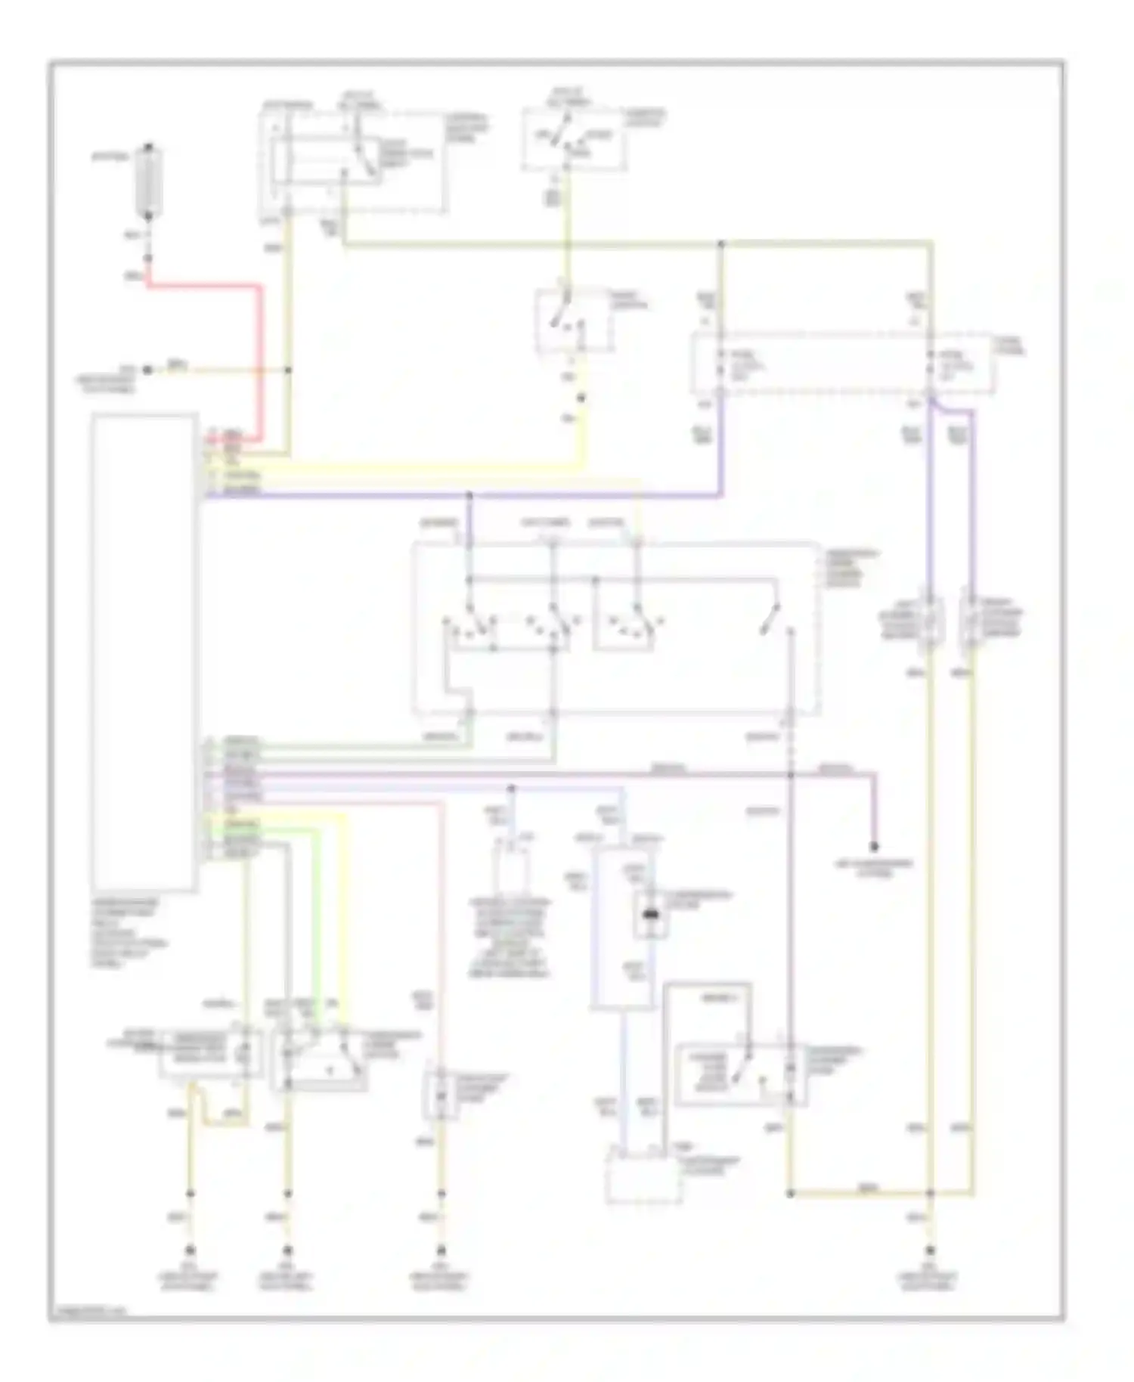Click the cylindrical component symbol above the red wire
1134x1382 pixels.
[x=149, y=181]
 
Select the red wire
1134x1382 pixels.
[x=261, y=355]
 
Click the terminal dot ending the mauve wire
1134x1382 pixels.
[x=874, y=846]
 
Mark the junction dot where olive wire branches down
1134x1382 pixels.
[x=720, y=244]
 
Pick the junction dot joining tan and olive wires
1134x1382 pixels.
[x=288, y=370]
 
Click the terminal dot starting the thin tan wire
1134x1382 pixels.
[x=148, y=370]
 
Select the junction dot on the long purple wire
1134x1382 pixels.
[x=469, y=495]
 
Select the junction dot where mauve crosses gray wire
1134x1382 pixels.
[x=790, y=775]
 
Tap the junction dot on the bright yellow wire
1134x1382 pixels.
[x=581, y=398]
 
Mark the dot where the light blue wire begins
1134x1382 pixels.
[x=511, y=788]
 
